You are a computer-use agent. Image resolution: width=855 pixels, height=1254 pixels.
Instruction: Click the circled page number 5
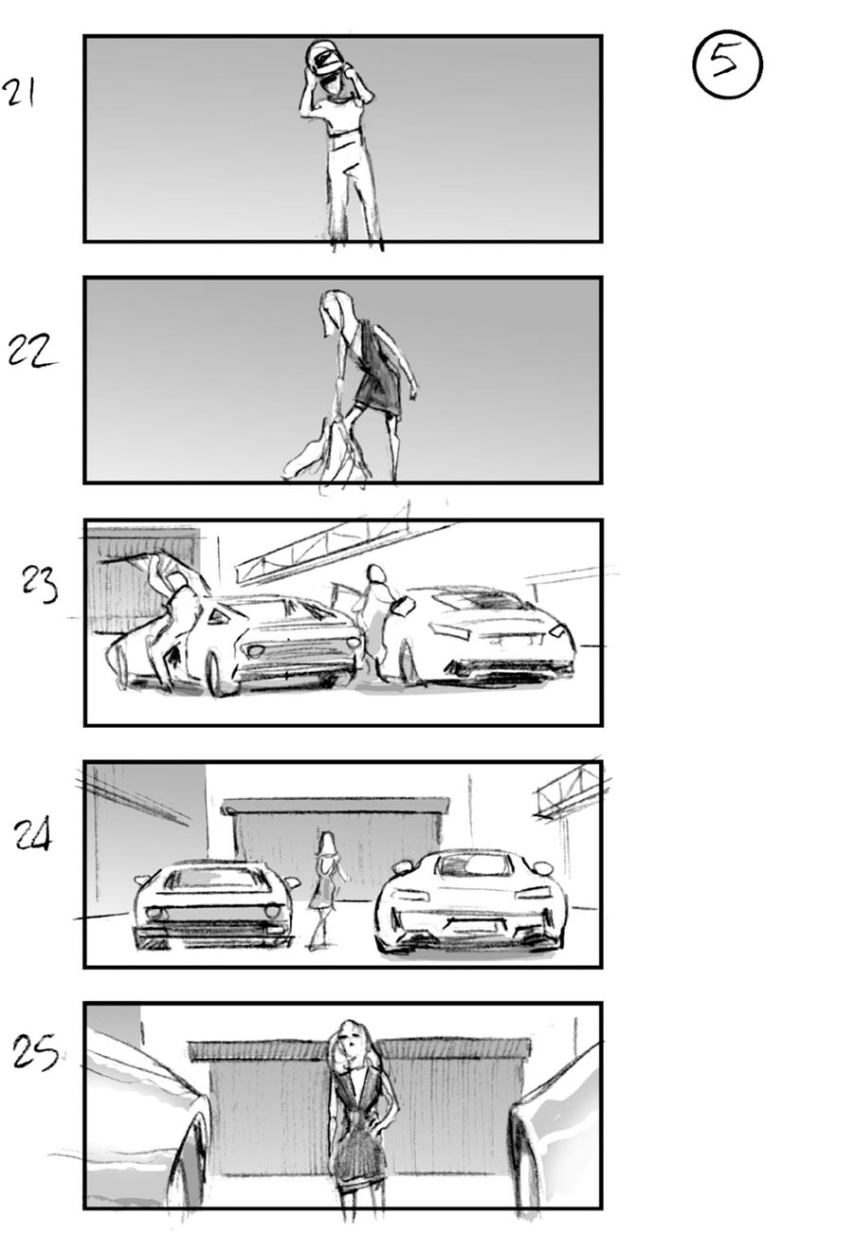pyautogui.click(x=727, y=64)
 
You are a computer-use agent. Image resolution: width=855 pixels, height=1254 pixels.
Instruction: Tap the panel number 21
pyautogui.click(x=20, y=93)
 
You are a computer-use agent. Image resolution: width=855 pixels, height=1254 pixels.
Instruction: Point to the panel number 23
pyautogui.click(x=40, y=584)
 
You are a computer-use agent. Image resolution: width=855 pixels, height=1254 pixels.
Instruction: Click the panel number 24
pyautogui.click(x=33, y=834)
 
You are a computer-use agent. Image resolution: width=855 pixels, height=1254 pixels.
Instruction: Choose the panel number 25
pyautogui.click(x=35, y=1052)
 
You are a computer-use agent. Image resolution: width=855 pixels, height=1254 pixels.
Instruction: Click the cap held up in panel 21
pyautogui.click(x=324, y=59)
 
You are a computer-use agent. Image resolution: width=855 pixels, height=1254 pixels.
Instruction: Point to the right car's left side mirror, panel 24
pyautogui.click(x=402, y=866)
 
